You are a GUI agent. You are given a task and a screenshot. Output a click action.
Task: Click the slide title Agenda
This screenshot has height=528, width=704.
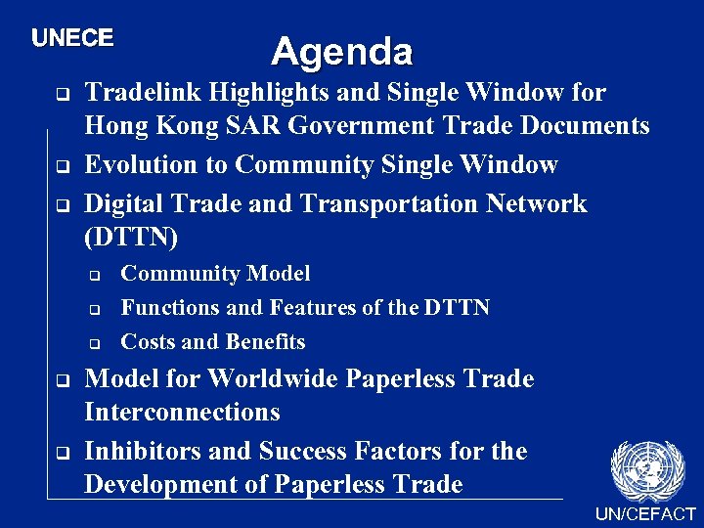(342, 51)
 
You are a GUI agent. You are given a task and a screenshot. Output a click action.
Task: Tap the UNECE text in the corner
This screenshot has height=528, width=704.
(72, 38)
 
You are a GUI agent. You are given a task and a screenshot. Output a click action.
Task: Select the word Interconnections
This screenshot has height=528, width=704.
(183, 413)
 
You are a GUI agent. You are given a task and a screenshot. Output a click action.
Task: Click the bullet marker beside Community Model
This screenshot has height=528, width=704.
(95, 275)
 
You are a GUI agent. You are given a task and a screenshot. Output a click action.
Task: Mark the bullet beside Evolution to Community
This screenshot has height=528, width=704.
(61, 166)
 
